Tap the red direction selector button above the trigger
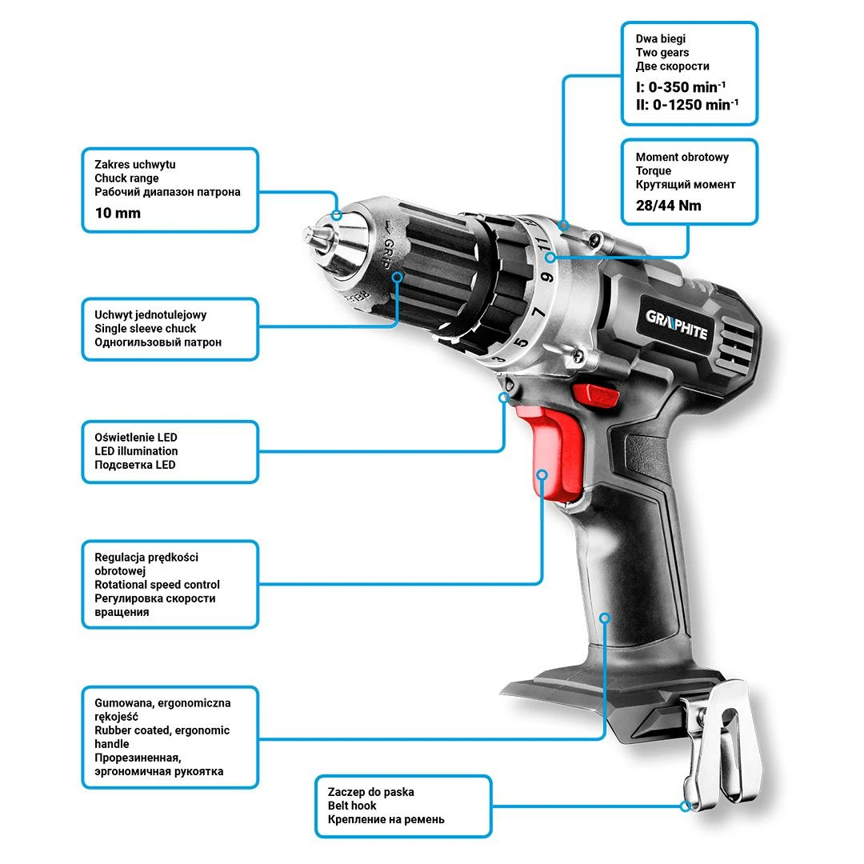coord(595,394)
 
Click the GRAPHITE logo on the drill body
coord(677,325)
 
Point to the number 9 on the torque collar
coord(546,277)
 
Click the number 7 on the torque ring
coord(538,313)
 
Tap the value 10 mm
coord(118,214)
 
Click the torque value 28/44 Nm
coord(668,206)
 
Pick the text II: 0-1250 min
coord(687,105)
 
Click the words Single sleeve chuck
coord(145,329)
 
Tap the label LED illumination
coord(136,450)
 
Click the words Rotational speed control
coord(157,585)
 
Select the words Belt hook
coord(352,806)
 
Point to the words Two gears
coord(662,52)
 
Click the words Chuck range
coord(126,178)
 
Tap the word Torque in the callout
coord(654,171)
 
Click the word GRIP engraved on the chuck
coord(389,253)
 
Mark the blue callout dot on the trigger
coord(542,474)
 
